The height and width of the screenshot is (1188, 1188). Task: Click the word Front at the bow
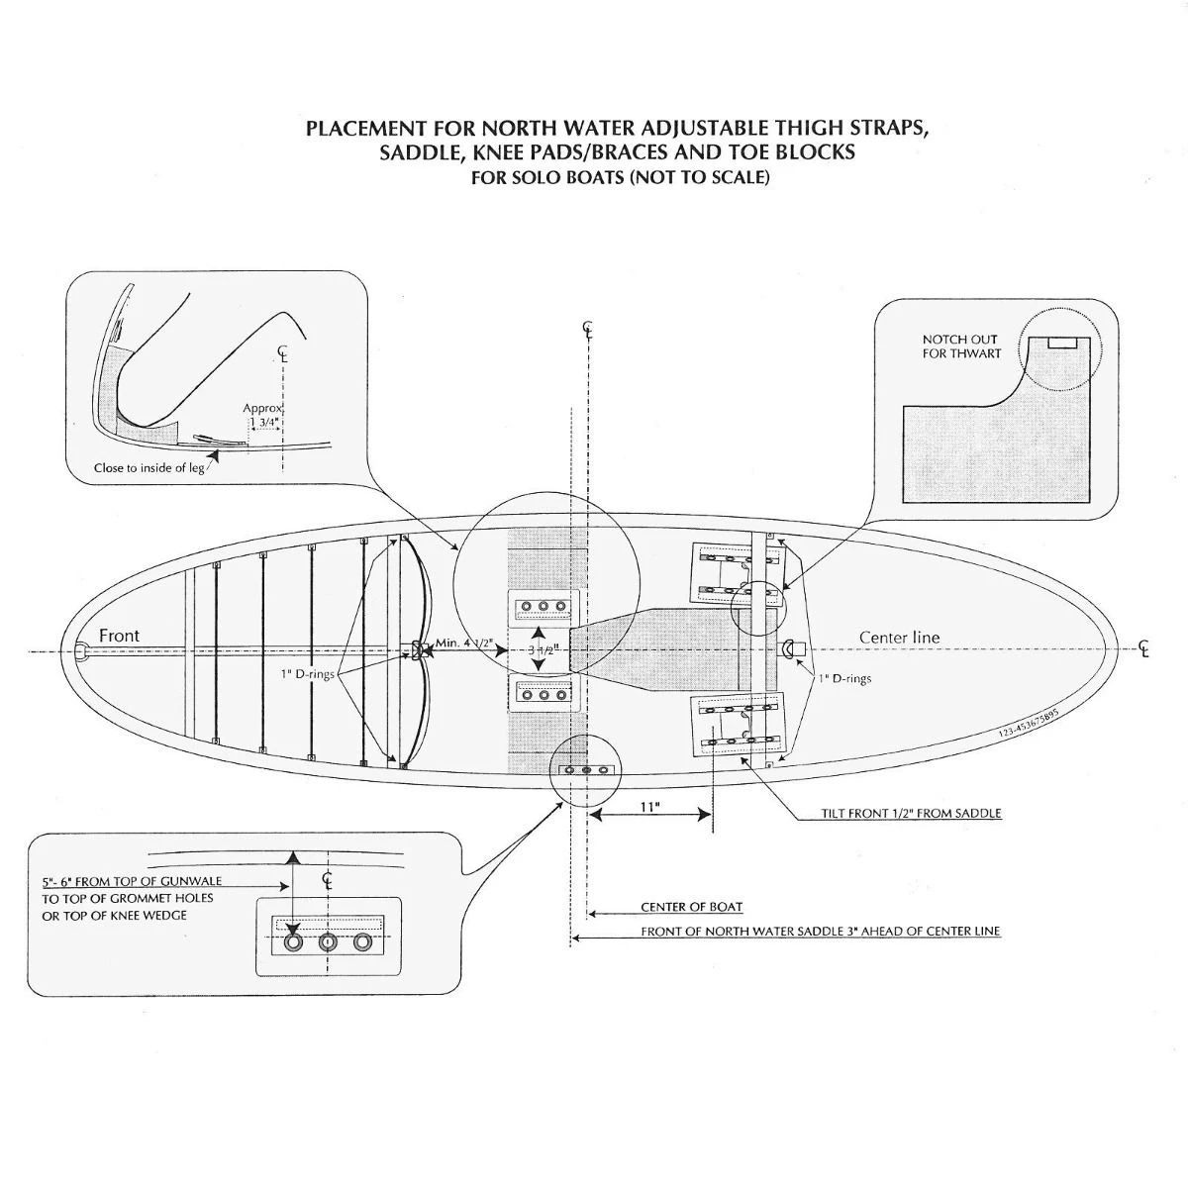(x=119, y=636)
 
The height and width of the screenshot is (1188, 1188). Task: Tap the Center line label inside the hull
(x=899, y=638)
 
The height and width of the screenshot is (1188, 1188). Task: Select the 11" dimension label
(x=648, y=807)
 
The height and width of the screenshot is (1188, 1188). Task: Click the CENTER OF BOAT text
(x=691, y=907)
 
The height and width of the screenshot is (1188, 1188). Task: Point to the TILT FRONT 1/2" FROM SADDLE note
(x=911, y=814)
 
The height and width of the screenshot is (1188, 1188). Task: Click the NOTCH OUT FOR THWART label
(x=961, y=346)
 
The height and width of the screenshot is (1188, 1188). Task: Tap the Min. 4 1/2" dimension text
(x=463, y=643)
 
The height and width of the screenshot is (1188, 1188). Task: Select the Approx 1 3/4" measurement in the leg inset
(x=263, y=416)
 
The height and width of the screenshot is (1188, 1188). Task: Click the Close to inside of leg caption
(x=148, y=467)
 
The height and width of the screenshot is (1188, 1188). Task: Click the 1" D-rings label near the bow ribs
(x=307, y=675)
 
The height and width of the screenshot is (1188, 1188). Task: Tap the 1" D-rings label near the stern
(x=844, y=679)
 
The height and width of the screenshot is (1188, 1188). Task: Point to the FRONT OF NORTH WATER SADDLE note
(x=820, y=932)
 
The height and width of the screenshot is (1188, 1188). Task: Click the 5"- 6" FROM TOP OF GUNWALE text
(x=132, y=881)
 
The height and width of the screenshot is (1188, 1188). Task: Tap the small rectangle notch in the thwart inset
(x=1063, y=342)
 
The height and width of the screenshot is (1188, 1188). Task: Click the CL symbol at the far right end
(x=1144, y=649)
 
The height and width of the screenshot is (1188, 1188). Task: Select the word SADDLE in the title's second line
(x=413, y=153)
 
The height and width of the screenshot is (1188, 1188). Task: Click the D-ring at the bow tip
(x=81, y=650)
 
